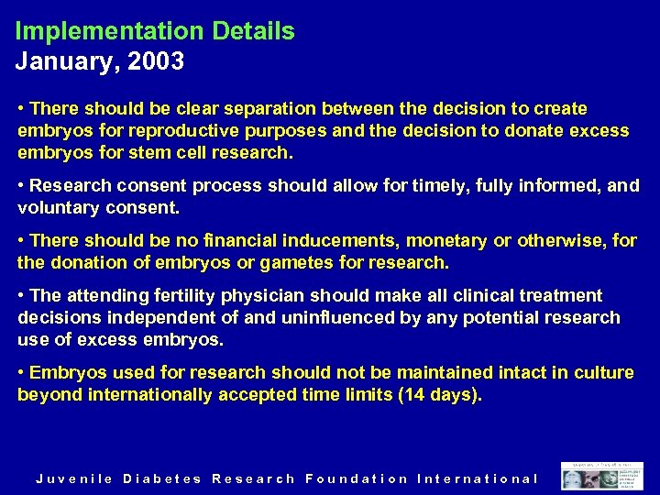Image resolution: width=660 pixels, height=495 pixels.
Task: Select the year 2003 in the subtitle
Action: (x=159, y=62)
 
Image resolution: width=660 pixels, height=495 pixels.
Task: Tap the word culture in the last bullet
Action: (x=603, y=373)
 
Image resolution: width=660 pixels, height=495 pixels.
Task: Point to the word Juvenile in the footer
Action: (x=73, y=478)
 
